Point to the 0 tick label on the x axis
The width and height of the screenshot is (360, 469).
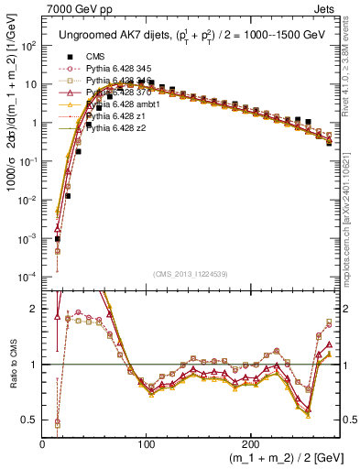(43, 443)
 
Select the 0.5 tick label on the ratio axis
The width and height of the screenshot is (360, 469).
(29, 420)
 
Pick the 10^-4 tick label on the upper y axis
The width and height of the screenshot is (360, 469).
(27, 277)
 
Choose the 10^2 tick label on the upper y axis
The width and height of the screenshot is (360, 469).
(28, 45)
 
